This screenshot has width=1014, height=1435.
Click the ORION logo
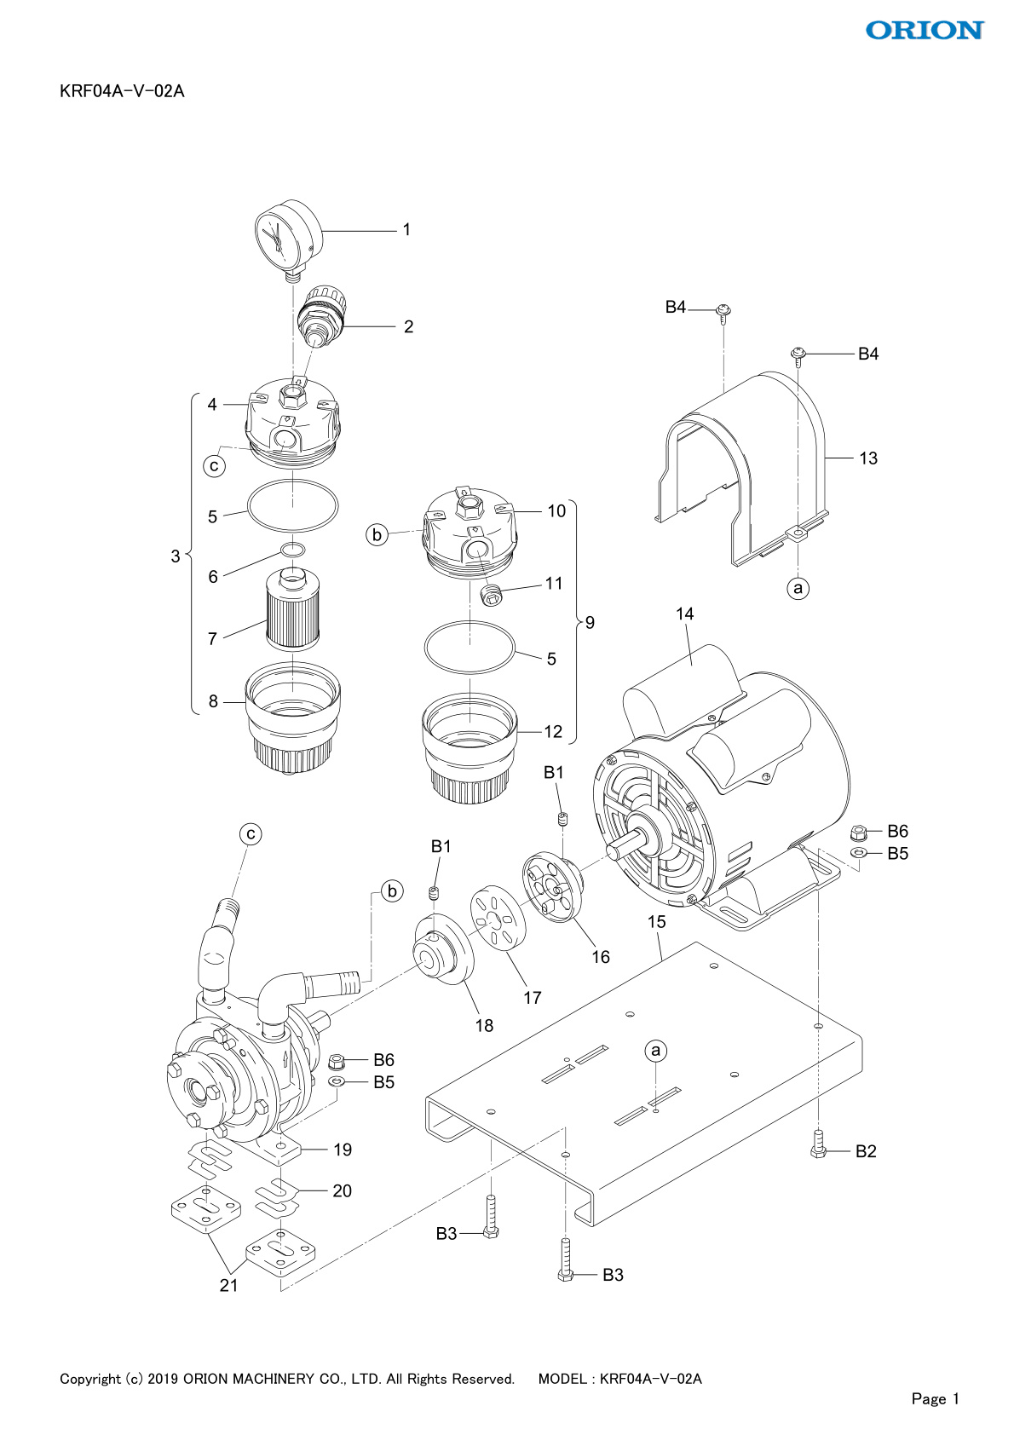[x=925, y=30]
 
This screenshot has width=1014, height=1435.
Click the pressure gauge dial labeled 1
[x=288, y=239]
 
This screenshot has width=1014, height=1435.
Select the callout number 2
[x=409, y=326]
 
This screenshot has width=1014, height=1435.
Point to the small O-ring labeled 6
[x=293, y=549]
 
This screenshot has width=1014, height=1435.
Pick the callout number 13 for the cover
[x=868, y=458]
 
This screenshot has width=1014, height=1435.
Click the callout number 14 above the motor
[x=685, y=614]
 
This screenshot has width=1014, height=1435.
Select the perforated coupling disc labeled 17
[x=498, y=918]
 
